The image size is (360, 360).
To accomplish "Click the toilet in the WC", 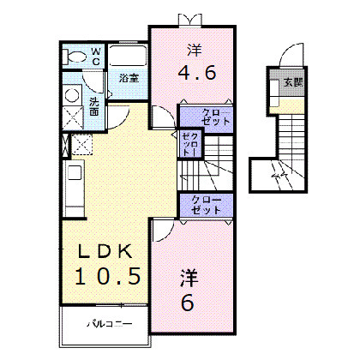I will click(x=75, y=58).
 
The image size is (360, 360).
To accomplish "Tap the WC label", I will click(x=95, y=57).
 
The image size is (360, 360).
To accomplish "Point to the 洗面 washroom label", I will click(x=94, y=107).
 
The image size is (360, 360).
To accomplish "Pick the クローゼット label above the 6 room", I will click(x=205, y=204).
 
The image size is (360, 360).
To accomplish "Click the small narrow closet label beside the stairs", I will click(x=190, y=144).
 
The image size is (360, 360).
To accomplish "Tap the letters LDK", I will click(x=105, y=252).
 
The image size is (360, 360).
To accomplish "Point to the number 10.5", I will click(x=105, y=276).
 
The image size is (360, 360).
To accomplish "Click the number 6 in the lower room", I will click(x=189, y=302).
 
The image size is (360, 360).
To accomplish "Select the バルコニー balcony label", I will click(x=106, y=326).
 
